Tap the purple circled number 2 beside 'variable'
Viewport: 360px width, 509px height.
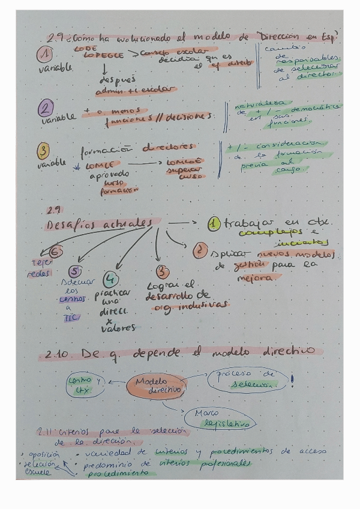pyautogui.click(x=45, y=109)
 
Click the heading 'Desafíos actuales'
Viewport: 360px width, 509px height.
pyautogui.click(x=96, y=223)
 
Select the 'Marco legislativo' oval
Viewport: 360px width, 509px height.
pyautogui.click(x=222, y=418)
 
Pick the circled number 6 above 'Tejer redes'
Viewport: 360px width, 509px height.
pyautogui.click(x=56, y=253)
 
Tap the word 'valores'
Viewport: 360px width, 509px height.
pyautogui.click(x=118, y=328)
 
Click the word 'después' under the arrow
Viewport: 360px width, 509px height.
pyautogui.click(x=118, y=79)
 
